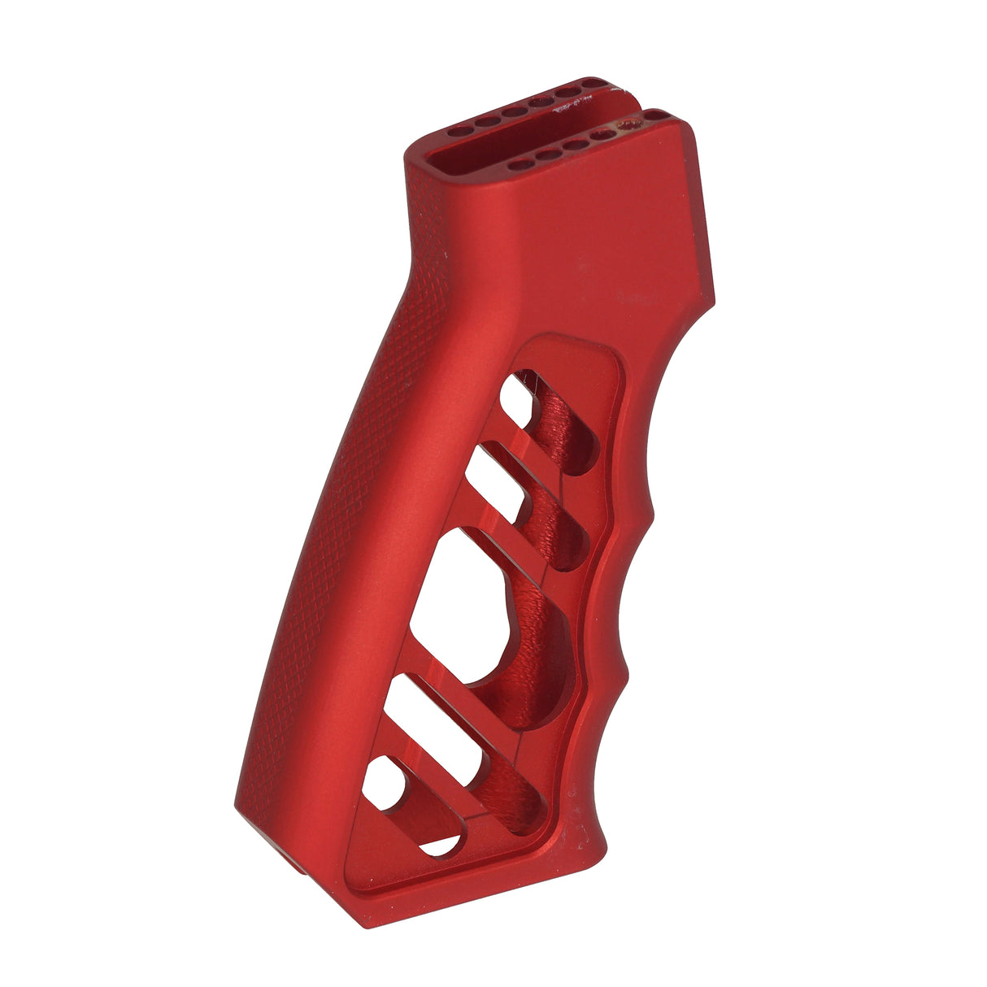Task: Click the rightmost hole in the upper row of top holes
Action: pos(596,85)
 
